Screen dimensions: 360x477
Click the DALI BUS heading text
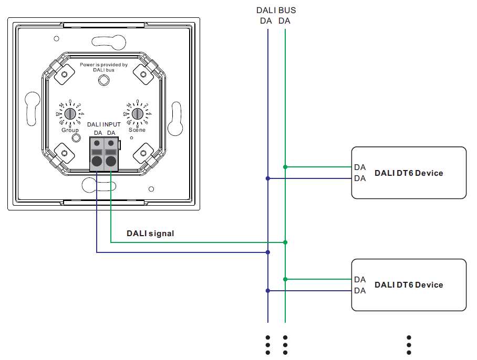(276, 10)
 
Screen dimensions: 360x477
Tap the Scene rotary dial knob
(137, 113)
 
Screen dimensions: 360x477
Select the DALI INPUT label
(103, 124)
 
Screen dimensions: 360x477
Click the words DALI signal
(150, 234)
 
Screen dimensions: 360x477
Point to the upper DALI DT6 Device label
(408, 173)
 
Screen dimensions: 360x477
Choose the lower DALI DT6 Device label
(408, 285)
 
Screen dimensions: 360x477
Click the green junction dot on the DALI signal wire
(285, 242)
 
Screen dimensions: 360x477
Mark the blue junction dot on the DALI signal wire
(268, 252)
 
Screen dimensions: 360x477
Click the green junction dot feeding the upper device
(285, 167)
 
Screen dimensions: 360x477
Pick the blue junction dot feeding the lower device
(268, 291)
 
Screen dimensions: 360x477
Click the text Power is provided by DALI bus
(103, 67)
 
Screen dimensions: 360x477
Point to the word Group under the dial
(70, 130)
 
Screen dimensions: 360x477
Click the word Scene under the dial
(137, 130)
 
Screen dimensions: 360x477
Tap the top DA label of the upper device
(360, 167)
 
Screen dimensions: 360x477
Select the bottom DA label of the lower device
(360, 291)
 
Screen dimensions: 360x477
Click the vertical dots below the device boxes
(409, 345)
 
